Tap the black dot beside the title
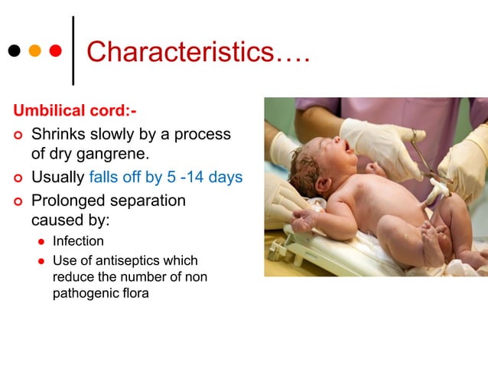[x=14, y=51]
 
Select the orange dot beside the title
[x=34, y=51]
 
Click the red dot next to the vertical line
[x=55, y=51]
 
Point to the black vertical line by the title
[x=73, y=50]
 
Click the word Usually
[x=58, y=178]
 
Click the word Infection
[x=78, y=241]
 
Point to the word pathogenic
[x=86, y=292]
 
